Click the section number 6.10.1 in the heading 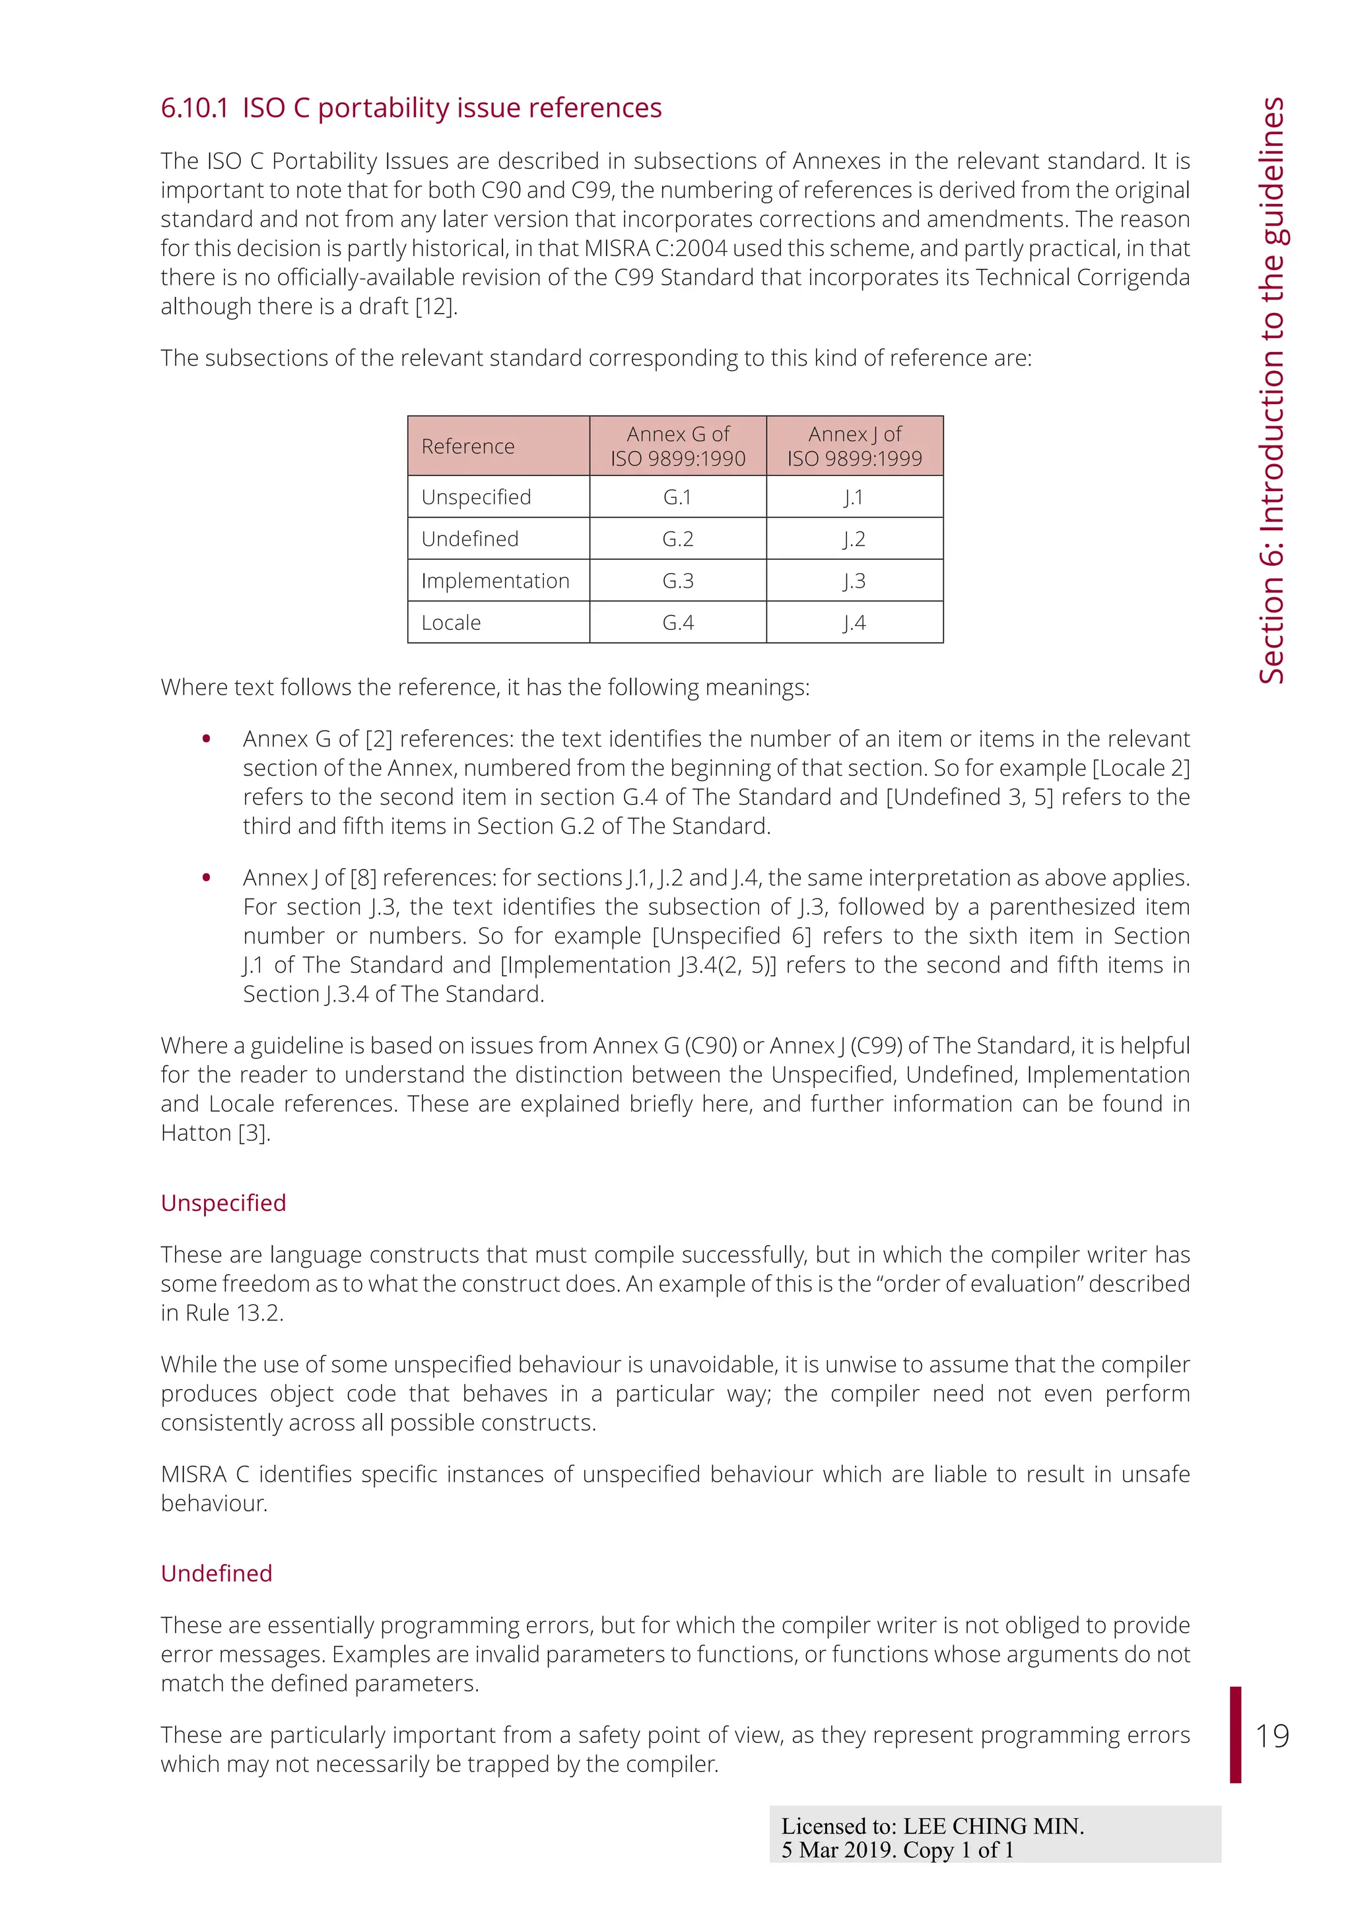(194, 108)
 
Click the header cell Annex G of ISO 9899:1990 (678, 446)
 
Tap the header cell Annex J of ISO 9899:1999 (854, 446)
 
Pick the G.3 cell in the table (678, 580)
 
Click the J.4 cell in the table (854, 623)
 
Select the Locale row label (452, 623)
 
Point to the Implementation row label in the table (495, 580)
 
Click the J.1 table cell (854, 497)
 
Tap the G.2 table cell (678, 539)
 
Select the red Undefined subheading (217, 1573)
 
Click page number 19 (1272, 1736)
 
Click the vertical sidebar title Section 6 (1271, 392)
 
